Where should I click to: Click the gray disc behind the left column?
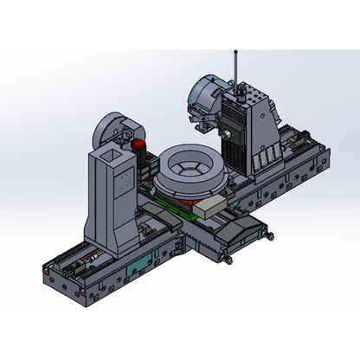click(111, 130)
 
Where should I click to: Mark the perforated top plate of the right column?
click(246, 94)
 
